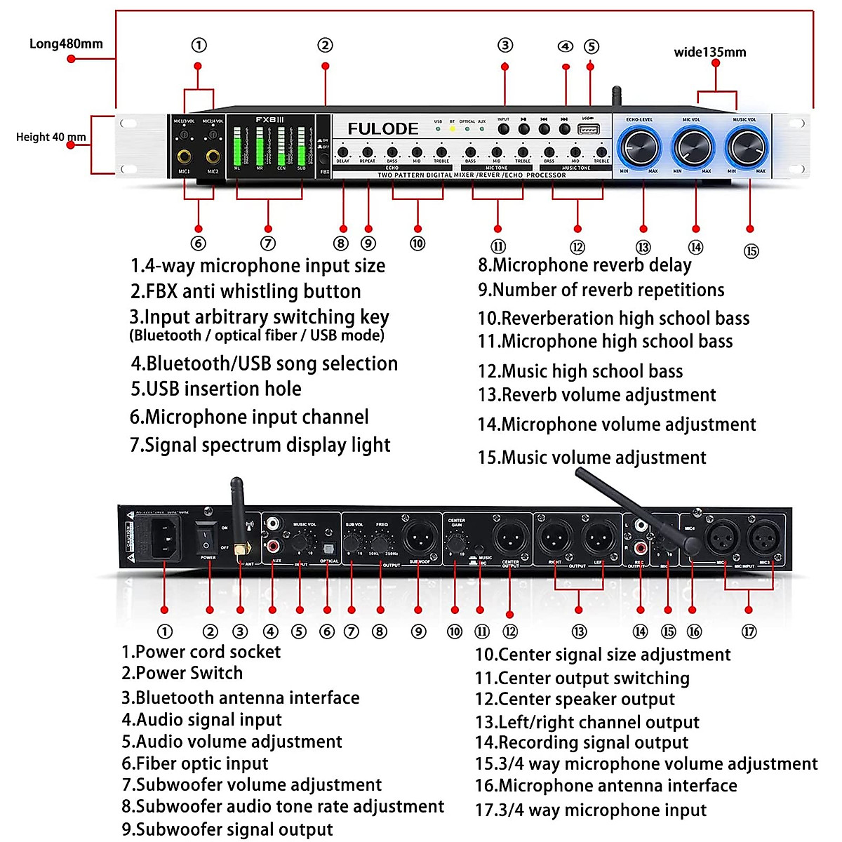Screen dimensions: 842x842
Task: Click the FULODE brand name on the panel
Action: click(x=383, y=129)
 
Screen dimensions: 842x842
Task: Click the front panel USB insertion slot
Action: click(x=588, y=130)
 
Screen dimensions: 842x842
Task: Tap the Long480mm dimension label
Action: click(x=66, y=44)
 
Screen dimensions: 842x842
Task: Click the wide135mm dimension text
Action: click(x=710, y=52)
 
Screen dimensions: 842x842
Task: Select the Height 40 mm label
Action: click(x=51, y=137)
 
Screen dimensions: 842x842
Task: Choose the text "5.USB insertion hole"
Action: click(x=216, y=389)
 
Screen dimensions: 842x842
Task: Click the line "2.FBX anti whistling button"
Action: click(x=246, y=291)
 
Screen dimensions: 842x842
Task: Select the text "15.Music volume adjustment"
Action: click(x=592, y=457)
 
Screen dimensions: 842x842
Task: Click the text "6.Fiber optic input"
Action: click(x=195, y=763)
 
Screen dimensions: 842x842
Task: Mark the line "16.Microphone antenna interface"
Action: click(x=606, y=786)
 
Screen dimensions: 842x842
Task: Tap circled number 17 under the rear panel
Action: click(x=749, y=631)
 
